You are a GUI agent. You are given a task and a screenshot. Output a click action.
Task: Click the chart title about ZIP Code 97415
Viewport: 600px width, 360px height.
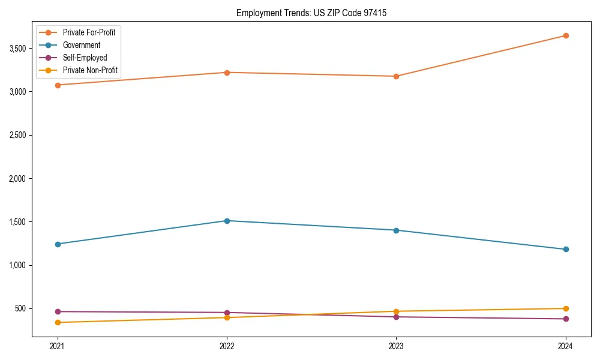(316, 13)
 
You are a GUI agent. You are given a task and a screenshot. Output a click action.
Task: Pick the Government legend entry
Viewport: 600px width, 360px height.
(82, 45)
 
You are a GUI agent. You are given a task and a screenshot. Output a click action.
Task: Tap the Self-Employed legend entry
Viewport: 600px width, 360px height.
(85, 58)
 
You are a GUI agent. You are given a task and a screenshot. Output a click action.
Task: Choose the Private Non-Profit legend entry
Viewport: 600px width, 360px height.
(90, 71)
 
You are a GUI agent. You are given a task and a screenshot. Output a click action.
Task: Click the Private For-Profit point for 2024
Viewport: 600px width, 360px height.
(566, 35)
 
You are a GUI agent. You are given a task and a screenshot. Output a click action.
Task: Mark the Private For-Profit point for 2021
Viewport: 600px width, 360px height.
(58, 85)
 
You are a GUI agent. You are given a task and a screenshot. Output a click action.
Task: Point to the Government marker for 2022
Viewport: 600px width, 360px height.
(227, 221)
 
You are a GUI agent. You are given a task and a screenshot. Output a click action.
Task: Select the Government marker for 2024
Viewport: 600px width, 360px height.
(566, 249)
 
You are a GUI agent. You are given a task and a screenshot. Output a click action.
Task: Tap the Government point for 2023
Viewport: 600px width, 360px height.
(397, 230)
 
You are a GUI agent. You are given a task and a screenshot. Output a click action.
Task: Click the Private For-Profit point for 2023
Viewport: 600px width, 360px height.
(397, 76)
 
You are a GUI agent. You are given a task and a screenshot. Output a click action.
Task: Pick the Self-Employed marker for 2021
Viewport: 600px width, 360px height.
(58, 311)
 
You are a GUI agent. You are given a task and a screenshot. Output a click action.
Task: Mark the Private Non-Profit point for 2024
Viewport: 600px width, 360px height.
(566, 308)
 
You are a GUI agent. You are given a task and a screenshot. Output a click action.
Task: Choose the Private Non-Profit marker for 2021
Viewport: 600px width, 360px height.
(58, 323)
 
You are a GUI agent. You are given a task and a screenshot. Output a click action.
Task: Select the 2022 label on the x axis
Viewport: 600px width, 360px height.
(227, 346)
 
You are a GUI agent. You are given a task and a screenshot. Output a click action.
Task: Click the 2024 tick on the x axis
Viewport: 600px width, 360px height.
(566, 346)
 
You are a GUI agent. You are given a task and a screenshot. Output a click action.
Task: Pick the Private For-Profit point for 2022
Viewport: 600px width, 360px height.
(227, 73)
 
